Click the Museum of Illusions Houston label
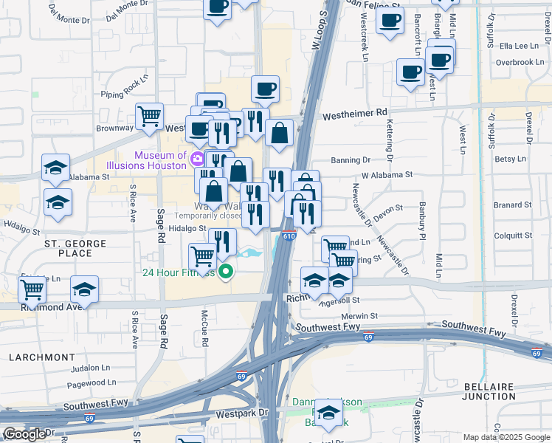coord(159,160)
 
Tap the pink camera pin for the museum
coord(197,159)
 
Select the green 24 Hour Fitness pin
coord(226,272)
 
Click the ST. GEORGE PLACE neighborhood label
coord(68,248)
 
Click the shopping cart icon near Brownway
coord(149,116)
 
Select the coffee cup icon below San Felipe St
coord(390,18)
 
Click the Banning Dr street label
coord(350,159)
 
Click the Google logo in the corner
coord(24,434)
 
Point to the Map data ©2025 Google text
coord(506,437)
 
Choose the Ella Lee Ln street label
coord(519,46)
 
